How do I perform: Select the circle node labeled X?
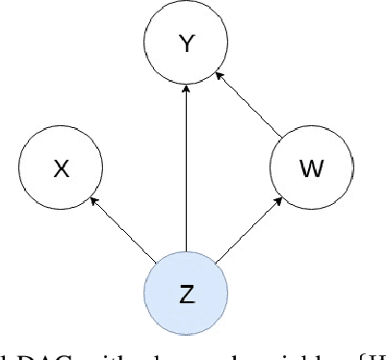pyautogui.click(x=62, y=168)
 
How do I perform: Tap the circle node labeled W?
pyautogui.click(x=312, y=168)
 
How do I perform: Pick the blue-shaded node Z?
pyautogui.click(x=185, y=293)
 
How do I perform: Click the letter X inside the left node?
pyautogui.click(x=62, y=169)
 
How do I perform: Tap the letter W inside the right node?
pyautogui.click(x=312, y=169)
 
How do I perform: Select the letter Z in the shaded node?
pyautogui.click(x=185, y=294)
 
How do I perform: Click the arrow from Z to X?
pyautogui.click(x=122, y=229)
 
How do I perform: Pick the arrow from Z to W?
pyautogui.click(x=247, y=230)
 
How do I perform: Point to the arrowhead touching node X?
pyautogui.click(x=92, y=200)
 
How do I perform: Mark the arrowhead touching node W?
pyautogui.click(x=279, y=200)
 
